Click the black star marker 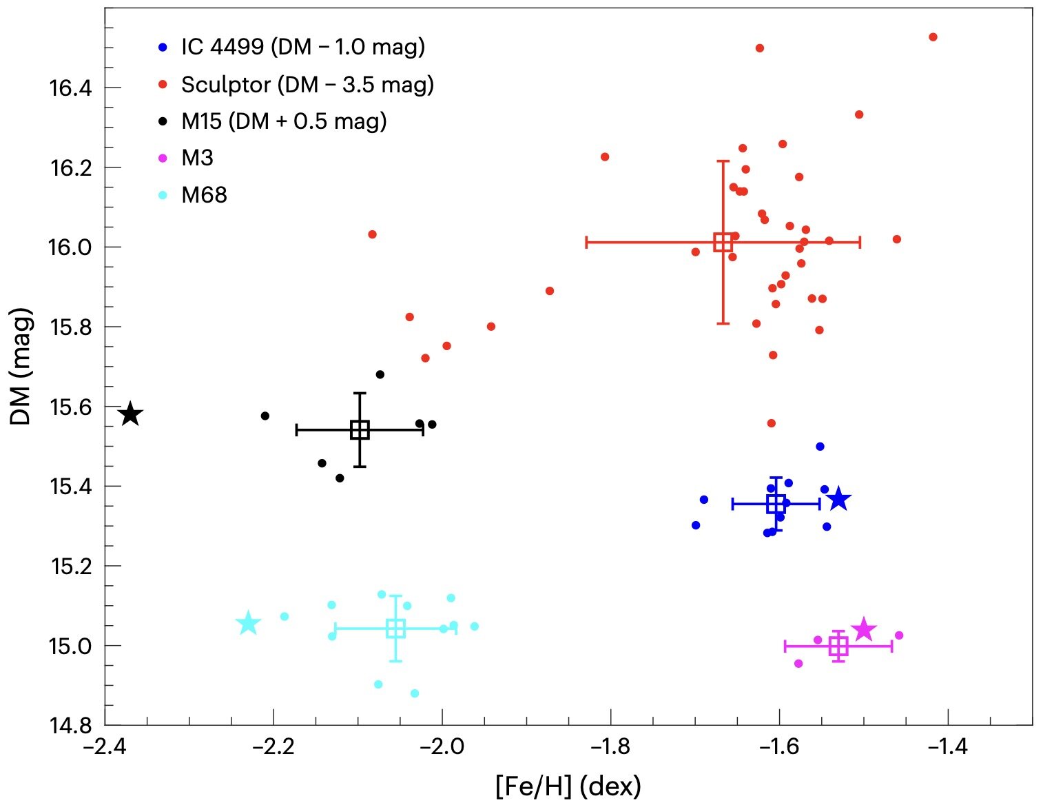tap(130, 414)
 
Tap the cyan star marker tap(248, 623)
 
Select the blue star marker tap(838, 498)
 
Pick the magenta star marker tap(863, 629)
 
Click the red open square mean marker tap(723, 242)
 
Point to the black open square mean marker tap(360, 429)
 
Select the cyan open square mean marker tap(395, 628)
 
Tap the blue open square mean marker tap(776, 504)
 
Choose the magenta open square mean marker tap(838, 646)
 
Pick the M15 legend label tap(283, 121)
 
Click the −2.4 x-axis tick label tap(105, 747)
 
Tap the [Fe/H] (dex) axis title tap(568, 786)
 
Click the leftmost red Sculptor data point tap(372, 234)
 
